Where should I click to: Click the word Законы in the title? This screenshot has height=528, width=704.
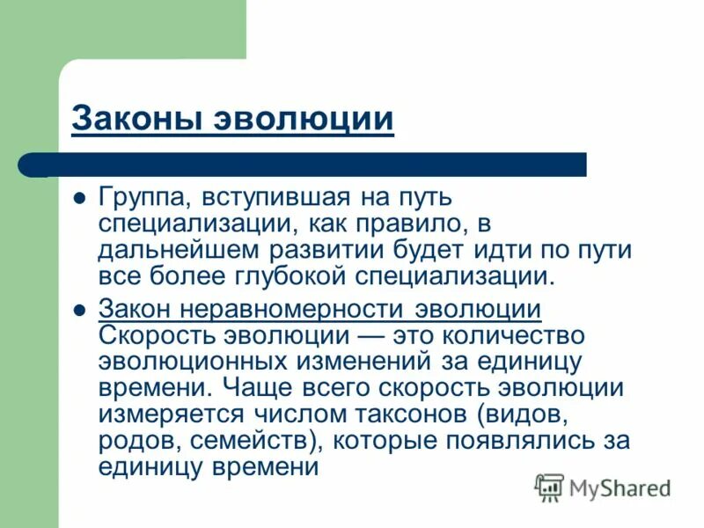[x=138, y=119]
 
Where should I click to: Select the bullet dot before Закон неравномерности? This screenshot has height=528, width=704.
[x=78, y=311]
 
